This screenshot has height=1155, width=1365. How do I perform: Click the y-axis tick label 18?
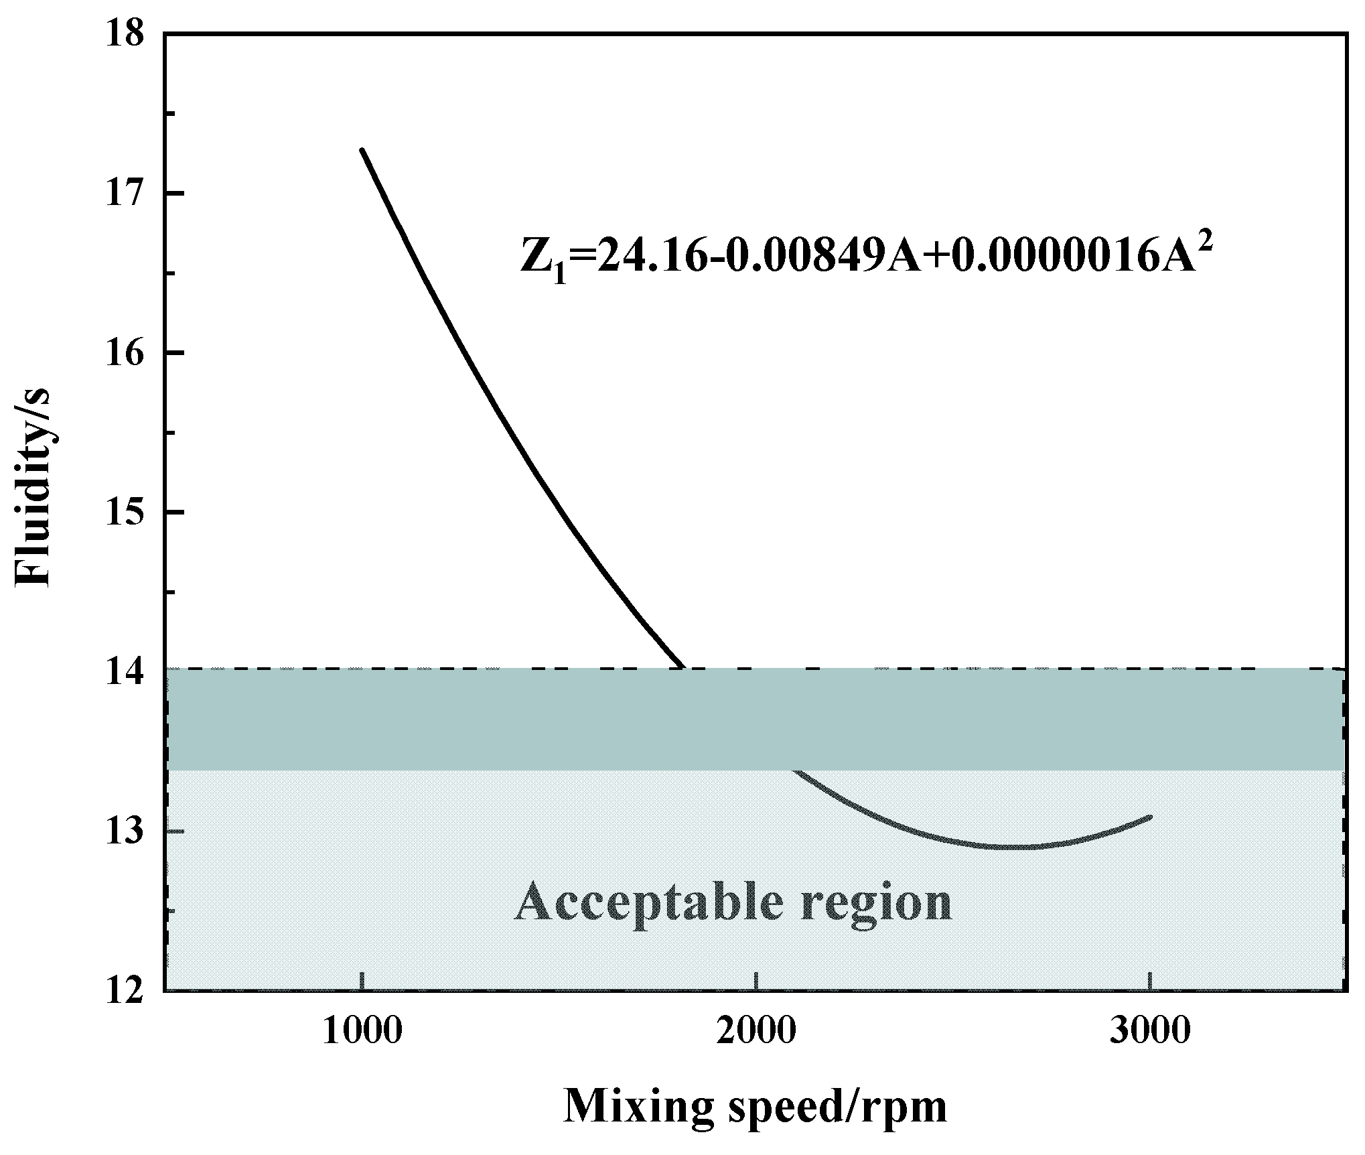(x=125, y=33)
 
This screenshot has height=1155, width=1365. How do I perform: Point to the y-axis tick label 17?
(x=125, y=194)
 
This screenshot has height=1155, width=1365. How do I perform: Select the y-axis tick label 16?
(x=125, y=353)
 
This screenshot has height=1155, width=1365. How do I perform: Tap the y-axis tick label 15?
(x=125, y=513)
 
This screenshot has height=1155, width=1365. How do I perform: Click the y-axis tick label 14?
(x=125, y=672)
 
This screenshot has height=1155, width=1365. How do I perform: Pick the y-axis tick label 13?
(x=125, y=831)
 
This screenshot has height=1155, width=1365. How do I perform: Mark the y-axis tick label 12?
(x=125, y=990)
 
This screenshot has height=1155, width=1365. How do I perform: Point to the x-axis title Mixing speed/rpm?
(x=756, y=1106)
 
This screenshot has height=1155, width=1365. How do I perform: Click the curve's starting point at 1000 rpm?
(x=362, y=150)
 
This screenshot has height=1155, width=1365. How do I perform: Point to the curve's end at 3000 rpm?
(x=1150, y=817)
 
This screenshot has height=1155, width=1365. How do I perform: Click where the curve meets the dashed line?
(x=682, y=668)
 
